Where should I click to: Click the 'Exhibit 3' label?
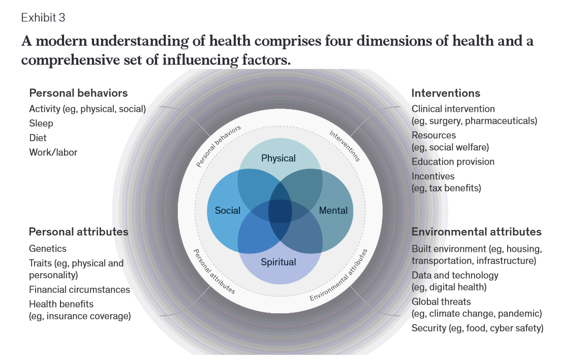click(x=43, y=18)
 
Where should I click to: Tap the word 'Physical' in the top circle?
click(x=278, y=158)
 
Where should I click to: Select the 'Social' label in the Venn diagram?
click(x=228, y=210)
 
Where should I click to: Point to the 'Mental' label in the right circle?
click(x=333, y=210)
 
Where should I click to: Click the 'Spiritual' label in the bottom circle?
click(x=278, y=263)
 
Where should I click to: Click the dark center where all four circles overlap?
click(x=280, y=210)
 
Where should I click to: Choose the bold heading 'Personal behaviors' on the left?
click(x=78, y=93)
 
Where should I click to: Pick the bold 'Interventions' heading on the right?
click(x=446, y=93)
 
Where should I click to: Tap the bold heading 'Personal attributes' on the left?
click(x=78, y=232)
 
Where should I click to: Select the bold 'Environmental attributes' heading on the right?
click(x=476, y=232)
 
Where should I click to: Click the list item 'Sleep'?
click(x=41, y=123)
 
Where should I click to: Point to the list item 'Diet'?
click(x=38, y=138)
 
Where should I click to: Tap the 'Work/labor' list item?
click(x=53, y=152)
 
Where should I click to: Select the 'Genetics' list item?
click(x=48, y=249)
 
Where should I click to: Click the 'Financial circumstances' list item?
click(x=79, y=289)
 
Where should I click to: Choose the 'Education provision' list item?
click(x=453, y=162)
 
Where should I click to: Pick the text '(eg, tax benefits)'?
click(x=446, y=188)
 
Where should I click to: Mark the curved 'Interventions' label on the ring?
click(x=345, y=146)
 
